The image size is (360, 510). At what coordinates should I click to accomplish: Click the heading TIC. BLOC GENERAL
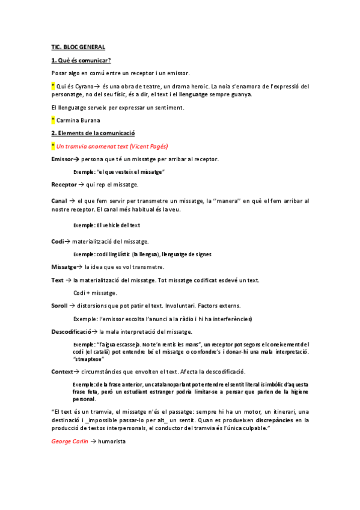pyautogui.click(x=78, y=46)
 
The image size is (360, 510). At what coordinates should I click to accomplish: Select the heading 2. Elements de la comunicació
pyautogui.click(x=93, y=133)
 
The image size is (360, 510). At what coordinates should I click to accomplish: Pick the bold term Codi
pyautogui.click(x=58, y=241)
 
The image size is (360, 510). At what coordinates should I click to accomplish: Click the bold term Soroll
pyautogui.click(x=59, y=306)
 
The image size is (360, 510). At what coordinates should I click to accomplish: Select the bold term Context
pyautogui.click(x=64, y=372)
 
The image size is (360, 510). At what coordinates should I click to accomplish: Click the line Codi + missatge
pyautogui.click(x=95, y=293)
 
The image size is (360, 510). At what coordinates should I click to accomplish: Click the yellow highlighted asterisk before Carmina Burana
pyautogui.click(x=53, y=120)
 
